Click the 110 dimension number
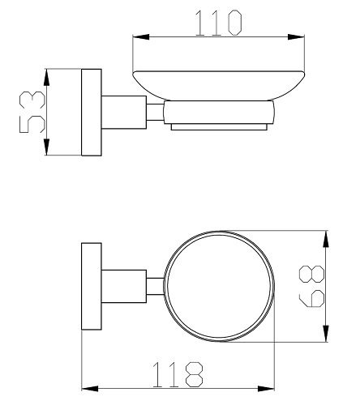click(218, 23)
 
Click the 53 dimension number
click(32, 112)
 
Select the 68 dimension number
click(311, 286)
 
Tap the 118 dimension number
click(178, 374)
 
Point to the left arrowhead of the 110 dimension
click(141, 37)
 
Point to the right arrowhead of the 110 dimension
click(296, 37)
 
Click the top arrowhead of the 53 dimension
click(47, 78)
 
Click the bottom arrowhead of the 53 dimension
click(47, 147)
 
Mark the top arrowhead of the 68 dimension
click(326, 239)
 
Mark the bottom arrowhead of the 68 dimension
click(326, 334)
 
